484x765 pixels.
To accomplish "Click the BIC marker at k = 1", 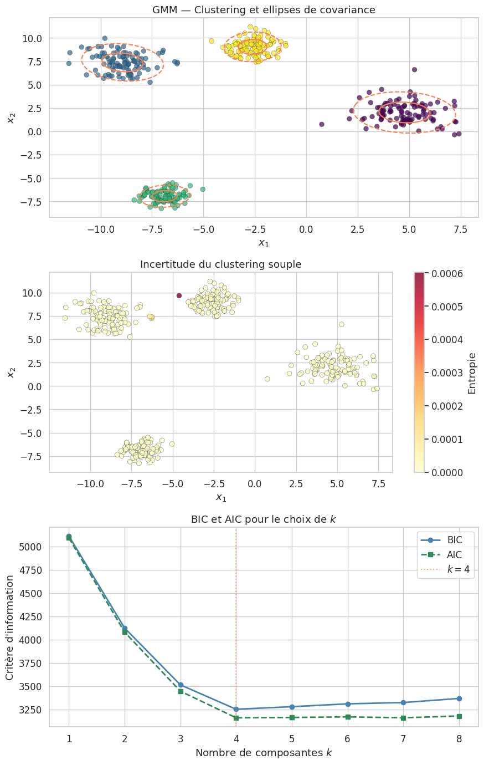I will point(69,537).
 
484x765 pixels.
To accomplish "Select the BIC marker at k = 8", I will point(459,698).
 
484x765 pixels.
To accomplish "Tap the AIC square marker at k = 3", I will point(181,691).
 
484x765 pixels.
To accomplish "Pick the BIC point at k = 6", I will point(348,704).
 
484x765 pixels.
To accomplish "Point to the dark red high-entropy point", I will point(179,295).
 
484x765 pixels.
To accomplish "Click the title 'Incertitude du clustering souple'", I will point(220,264).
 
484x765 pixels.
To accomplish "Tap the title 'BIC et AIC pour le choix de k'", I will point(263,519).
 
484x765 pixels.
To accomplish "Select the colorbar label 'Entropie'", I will point(472,373).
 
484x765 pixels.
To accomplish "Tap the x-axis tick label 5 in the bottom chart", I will point(292,739).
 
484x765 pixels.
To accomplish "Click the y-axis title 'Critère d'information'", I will point(11,628).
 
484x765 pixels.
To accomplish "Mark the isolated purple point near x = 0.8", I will point(322,124).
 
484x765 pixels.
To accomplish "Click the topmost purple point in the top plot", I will point(414,70).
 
